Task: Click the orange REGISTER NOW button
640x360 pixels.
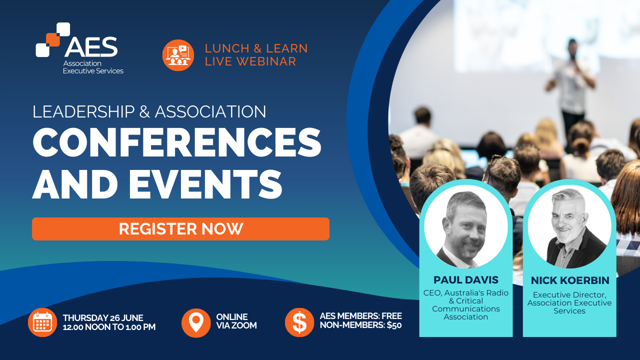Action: (180, 229)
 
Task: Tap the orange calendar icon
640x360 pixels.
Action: (42, 322)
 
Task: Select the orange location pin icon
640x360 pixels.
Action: (196, 323)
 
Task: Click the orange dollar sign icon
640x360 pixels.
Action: (299, 322)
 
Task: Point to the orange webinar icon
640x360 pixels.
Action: (178, 55)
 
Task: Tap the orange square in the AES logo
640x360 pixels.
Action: (53, 39)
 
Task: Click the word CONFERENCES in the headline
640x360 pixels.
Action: (177, 142)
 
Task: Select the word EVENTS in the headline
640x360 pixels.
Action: (205, 183)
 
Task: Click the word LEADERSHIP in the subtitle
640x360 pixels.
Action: (83, 111)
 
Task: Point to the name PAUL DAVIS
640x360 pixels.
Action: (466, 280)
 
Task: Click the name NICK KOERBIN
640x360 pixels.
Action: (570, 280)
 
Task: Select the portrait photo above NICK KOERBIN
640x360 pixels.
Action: (569, 226)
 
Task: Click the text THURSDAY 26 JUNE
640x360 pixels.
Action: (103, 317)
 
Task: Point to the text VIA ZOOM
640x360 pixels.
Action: (236, 325)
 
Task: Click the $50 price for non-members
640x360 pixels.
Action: (394, 325)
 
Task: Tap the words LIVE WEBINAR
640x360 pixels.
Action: (250, 61)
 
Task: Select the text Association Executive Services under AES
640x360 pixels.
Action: (93, 67)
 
